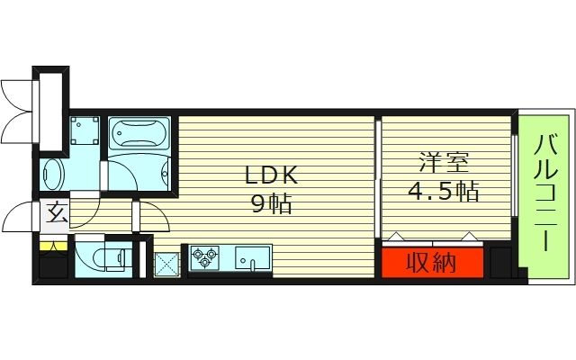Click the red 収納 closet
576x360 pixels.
point(430,263)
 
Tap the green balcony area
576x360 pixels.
point(544,193)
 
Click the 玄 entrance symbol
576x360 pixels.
point(56,214)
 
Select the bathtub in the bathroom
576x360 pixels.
point(139,136)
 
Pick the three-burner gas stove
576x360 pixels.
point(205,257)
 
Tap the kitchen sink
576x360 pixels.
point(253,258)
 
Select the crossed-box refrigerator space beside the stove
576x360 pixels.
point(166,264)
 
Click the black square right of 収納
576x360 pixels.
point(499,262)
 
